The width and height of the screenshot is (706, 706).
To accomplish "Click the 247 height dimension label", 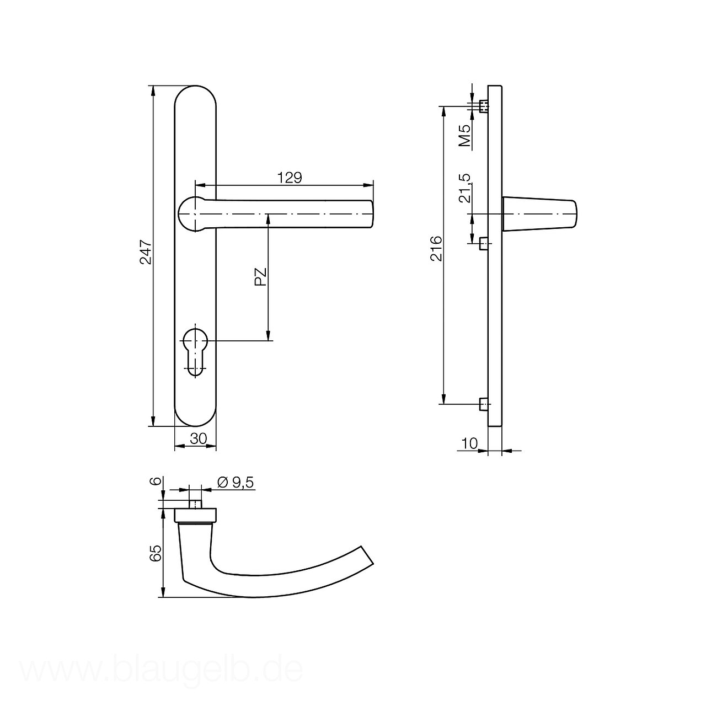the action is tap(146, 252).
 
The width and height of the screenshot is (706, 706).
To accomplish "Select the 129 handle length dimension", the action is tap(290, 178).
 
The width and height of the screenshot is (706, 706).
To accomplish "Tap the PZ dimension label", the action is tap(260, 277).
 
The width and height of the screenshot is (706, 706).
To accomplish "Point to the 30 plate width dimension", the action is tap(199, 438).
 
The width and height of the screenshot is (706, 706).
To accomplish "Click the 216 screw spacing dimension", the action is tap(436, 248).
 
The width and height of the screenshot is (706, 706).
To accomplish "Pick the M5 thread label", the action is tap(464, 136).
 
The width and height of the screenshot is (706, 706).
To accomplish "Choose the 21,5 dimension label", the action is tap(464, 188).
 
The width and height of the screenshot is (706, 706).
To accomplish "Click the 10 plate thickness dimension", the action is tap(470, 443).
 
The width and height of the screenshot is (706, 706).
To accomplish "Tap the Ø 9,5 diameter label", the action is tap(235, 483).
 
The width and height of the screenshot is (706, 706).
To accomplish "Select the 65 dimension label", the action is tap(156, 563).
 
